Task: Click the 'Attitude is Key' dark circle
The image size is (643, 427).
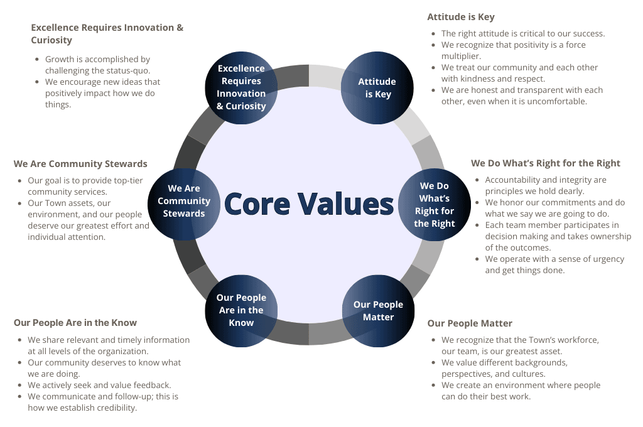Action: click(377, 88)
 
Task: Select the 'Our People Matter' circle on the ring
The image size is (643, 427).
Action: click(378, 310)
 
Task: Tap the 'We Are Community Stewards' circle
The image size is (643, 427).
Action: click(184, 201)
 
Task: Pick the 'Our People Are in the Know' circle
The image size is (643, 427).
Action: click(241, 310)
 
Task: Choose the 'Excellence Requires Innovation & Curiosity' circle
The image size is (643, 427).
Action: click(241, 87)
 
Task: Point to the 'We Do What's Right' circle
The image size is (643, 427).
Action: click(434, 204)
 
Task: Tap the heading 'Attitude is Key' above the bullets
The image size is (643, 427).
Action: click(461, 17)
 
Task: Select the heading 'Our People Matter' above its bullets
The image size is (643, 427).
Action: click(470, 323)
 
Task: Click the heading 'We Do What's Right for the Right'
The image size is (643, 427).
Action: click(546, 163)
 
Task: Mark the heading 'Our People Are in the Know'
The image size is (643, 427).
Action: click(75, 323)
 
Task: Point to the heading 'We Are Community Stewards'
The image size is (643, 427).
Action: click(80, 164)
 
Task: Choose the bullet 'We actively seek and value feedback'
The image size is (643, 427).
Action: click(99, 385)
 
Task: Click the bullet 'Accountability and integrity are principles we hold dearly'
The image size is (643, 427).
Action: click(546, 185)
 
